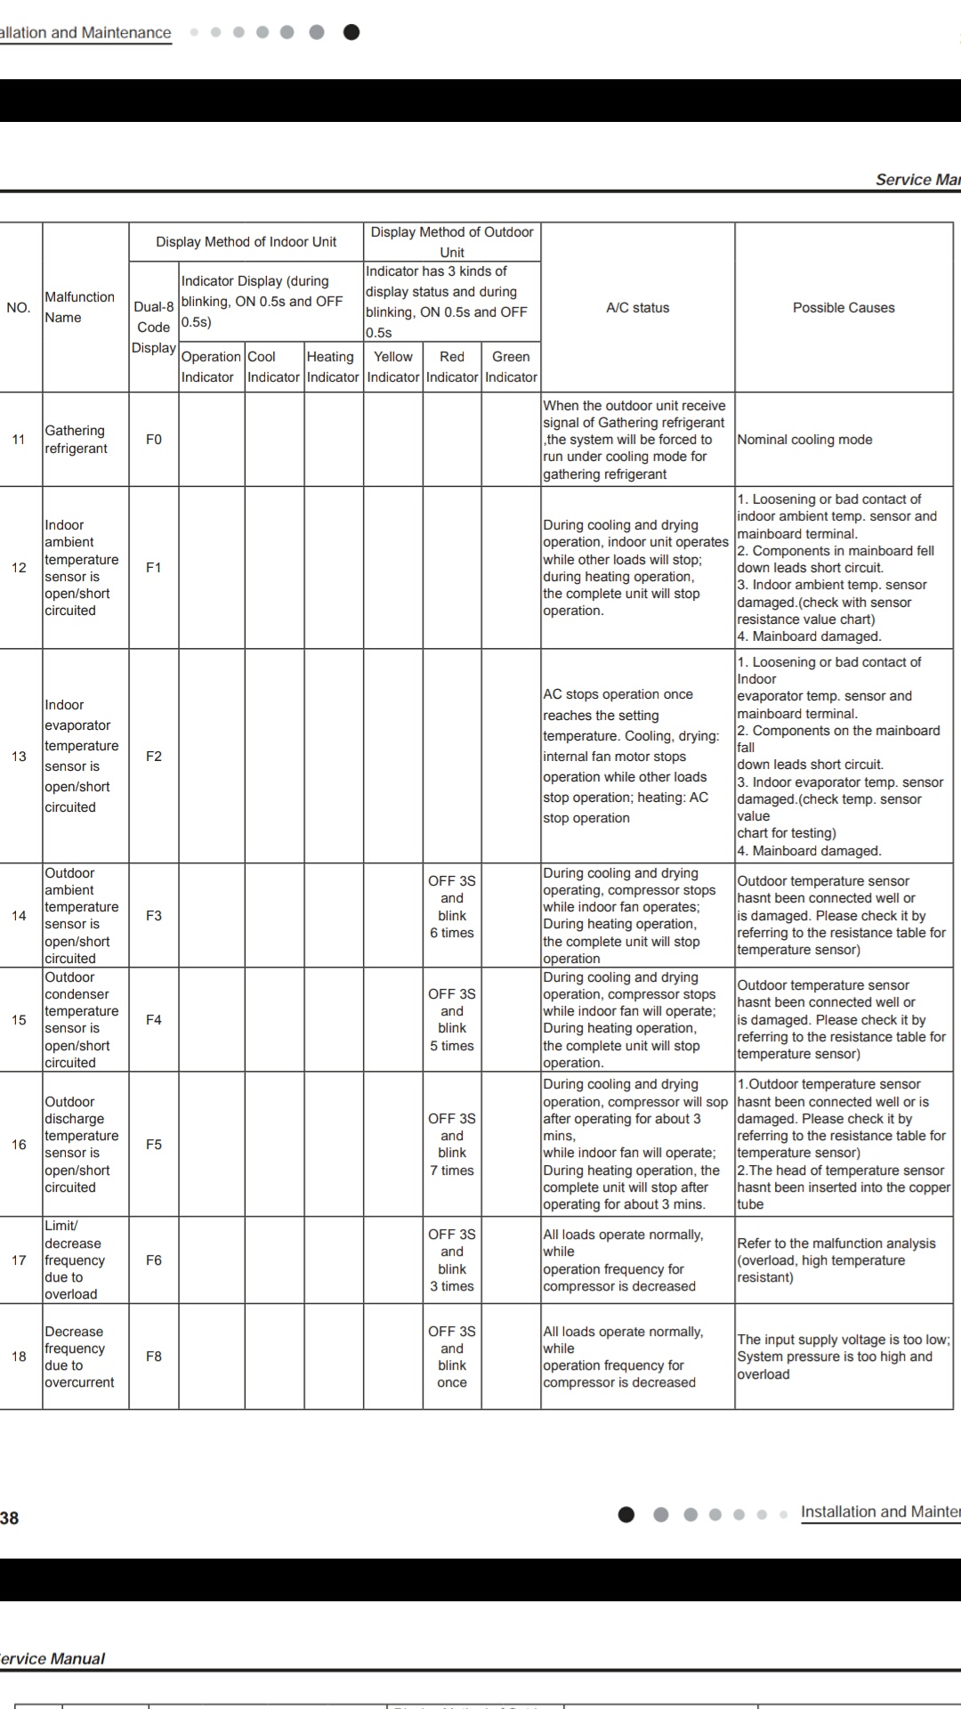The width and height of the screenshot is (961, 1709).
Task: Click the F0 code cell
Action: pyautogui.click(x=154, y=440)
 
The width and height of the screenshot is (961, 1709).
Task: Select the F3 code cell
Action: pyautogui.click(x=154, y=916)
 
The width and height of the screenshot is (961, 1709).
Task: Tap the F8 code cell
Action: pyautogui.click(x=154, y=1357)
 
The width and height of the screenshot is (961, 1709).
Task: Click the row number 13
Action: pyautogui.click(x=19, y=757)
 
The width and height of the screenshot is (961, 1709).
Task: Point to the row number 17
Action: pyautogui.click(x=19, y=1260)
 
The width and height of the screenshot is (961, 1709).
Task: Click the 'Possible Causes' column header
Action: pyautogui.click(x=844, y=308)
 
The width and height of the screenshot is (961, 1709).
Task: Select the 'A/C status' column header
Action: pyautogui.click(x=637, y=308)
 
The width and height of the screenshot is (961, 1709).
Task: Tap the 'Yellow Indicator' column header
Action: pyautogui.click(x=393, y=367)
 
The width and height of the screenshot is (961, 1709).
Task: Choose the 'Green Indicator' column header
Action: pyautogui.click(x=511, y=367)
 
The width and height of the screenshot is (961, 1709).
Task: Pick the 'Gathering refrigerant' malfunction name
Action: pyautogui.click(x=77, y=440)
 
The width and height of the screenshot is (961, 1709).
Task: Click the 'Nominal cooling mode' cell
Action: pyautogui.click(x=804, y=440)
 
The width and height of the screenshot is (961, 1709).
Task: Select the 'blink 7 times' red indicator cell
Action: pyautogui.click(x=452, y=1145)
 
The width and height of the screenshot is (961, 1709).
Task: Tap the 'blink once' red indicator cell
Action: pyautogui.click(x=452, y=1357)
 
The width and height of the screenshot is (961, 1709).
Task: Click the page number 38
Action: pyautogui.click(x=9, y=1518)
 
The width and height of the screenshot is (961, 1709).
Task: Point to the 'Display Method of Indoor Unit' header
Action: pyautogui.click(x=246, y=242)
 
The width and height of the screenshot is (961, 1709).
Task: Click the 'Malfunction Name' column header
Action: pyautogui.click(x=80, y=307)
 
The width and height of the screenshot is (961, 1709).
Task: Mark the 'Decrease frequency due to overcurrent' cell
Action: pyautogui.click(x=80, y=1357)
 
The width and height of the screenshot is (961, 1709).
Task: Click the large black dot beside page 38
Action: pyautogui.click(x=626, y=1514)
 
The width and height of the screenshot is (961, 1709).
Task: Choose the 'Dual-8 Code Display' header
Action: pyautogui.click(x=154, y=327)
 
